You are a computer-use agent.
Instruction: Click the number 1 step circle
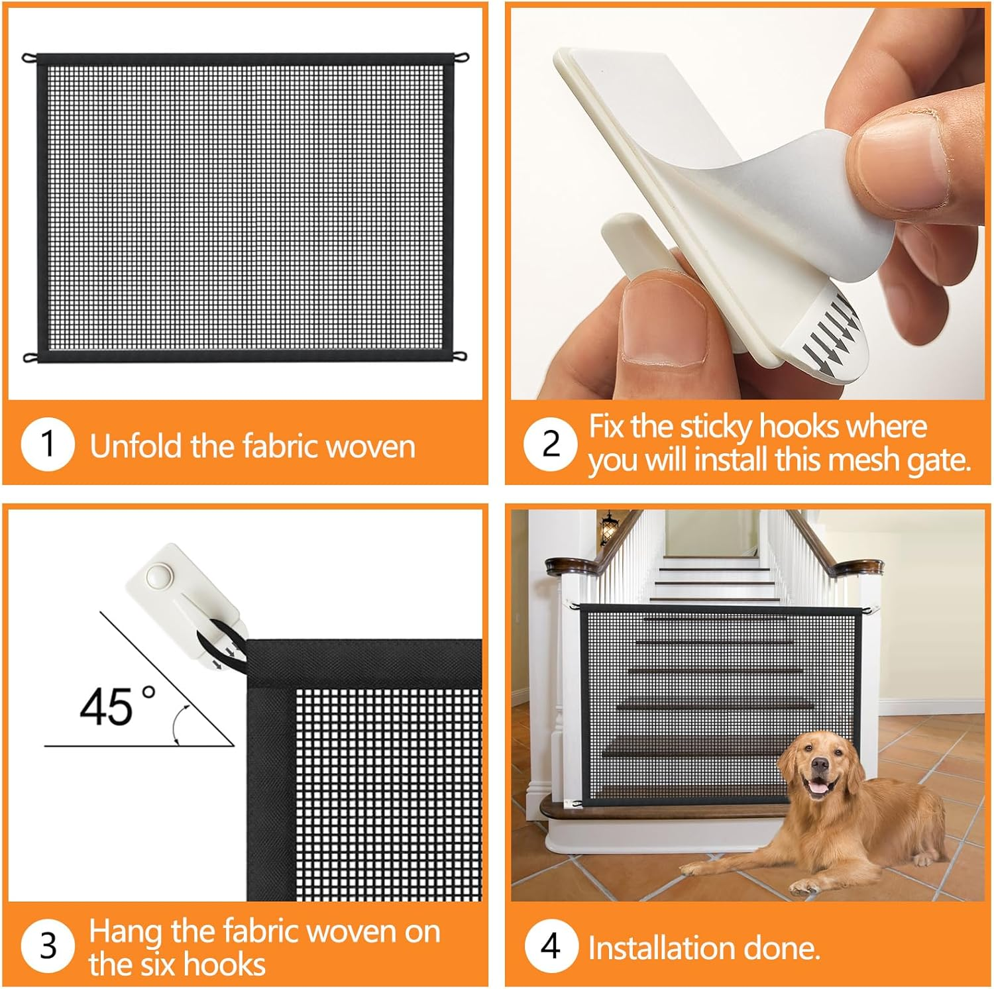[47, 444]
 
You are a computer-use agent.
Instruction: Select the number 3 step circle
[48, 946]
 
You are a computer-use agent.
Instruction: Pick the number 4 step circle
[551, 946]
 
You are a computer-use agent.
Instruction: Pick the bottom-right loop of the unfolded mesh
[461, 358]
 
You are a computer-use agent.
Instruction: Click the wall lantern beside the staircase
[608, 528]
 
